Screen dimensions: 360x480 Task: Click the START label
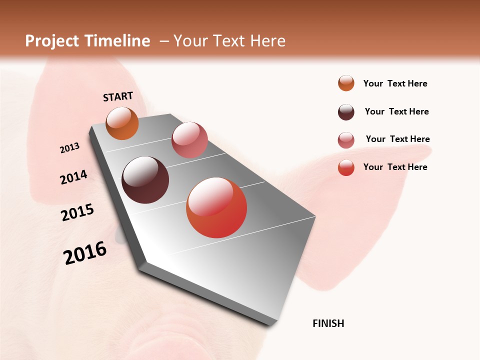118,96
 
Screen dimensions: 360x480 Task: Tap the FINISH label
328,323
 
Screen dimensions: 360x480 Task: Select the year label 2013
69,148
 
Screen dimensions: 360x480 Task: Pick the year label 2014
73,177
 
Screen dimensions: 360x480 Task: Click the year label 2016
85,253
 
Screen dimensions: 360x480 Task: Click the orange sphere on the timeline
122,123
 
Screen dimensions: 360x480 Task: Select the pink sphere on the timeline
189,140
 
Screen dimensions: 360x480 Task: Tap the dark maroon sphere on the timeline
145,180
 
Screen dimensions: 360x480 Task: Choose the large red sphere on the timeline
216,207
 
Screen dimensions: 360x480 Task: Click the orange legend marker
346,83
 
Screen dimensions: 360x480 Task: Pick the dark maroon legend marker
346,112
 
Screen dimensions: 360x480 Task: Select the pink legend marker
346,140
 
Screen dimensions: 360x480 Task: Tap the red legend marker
346,167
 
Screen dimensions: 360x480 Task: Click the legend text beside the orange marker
395,83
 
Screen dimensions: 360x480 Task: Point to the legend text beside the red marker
395,167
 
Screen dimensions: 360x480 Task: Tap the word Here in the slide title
267,41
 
